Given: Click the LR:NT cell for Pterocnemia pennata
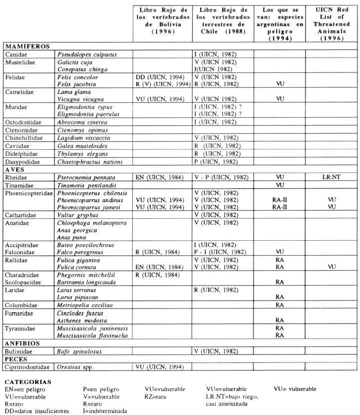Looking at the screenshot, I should click(x=331, y=177).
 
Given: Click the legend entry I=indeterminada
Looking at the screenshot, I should click(x=107, y=411).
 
